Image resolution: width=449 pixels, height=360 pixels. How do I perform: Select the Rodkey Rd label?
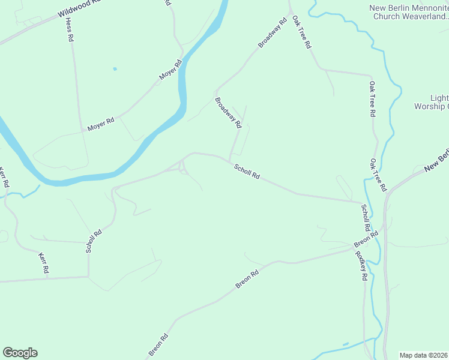(360, 265)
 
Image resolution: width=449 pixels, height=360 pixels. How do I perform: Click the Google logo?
(20, 352)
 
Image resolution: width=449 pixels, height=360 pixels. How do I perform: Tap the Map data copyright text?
(424, 355)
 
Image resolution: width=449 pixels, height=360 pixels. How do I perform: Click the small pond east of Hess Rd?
(115, 69)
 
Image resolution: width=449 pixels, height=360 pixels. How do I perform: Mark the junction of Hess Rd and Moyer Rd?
(82, 130)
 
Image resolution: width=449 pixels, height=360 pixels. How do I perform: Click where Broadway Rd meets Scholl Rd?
(229, 160)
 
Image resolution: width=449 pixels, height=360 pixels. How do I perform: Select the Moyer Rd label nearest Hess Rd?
(100, 124)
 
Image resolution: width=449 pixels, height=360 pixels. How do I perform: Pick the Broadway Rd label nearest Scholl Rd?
(228, 113)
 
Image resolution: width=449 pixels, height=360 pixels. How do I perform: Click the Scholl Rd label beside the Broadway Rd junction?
(247, 172)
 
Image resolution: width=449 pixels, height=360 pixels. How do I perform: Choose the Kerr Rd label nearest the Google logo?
(43, 264)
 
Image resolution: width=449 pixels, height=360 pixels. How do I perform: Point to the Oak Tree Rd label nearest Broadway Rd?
(302, 32)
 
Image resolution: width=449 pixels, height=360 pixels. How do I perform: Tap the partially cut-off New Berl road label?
(436, 161)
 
